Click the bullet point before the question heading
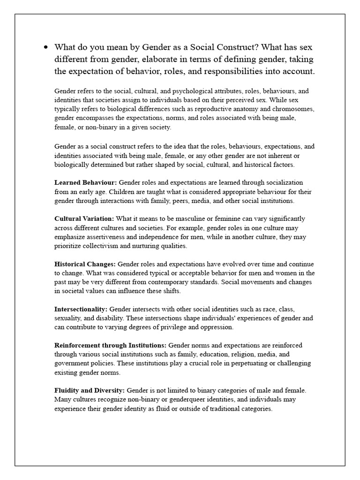[45, 47]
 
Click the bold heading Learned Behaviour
[86, 182]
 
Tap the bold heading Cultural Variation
[84, 219]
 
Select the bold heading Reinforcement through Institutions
[110, 345]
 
